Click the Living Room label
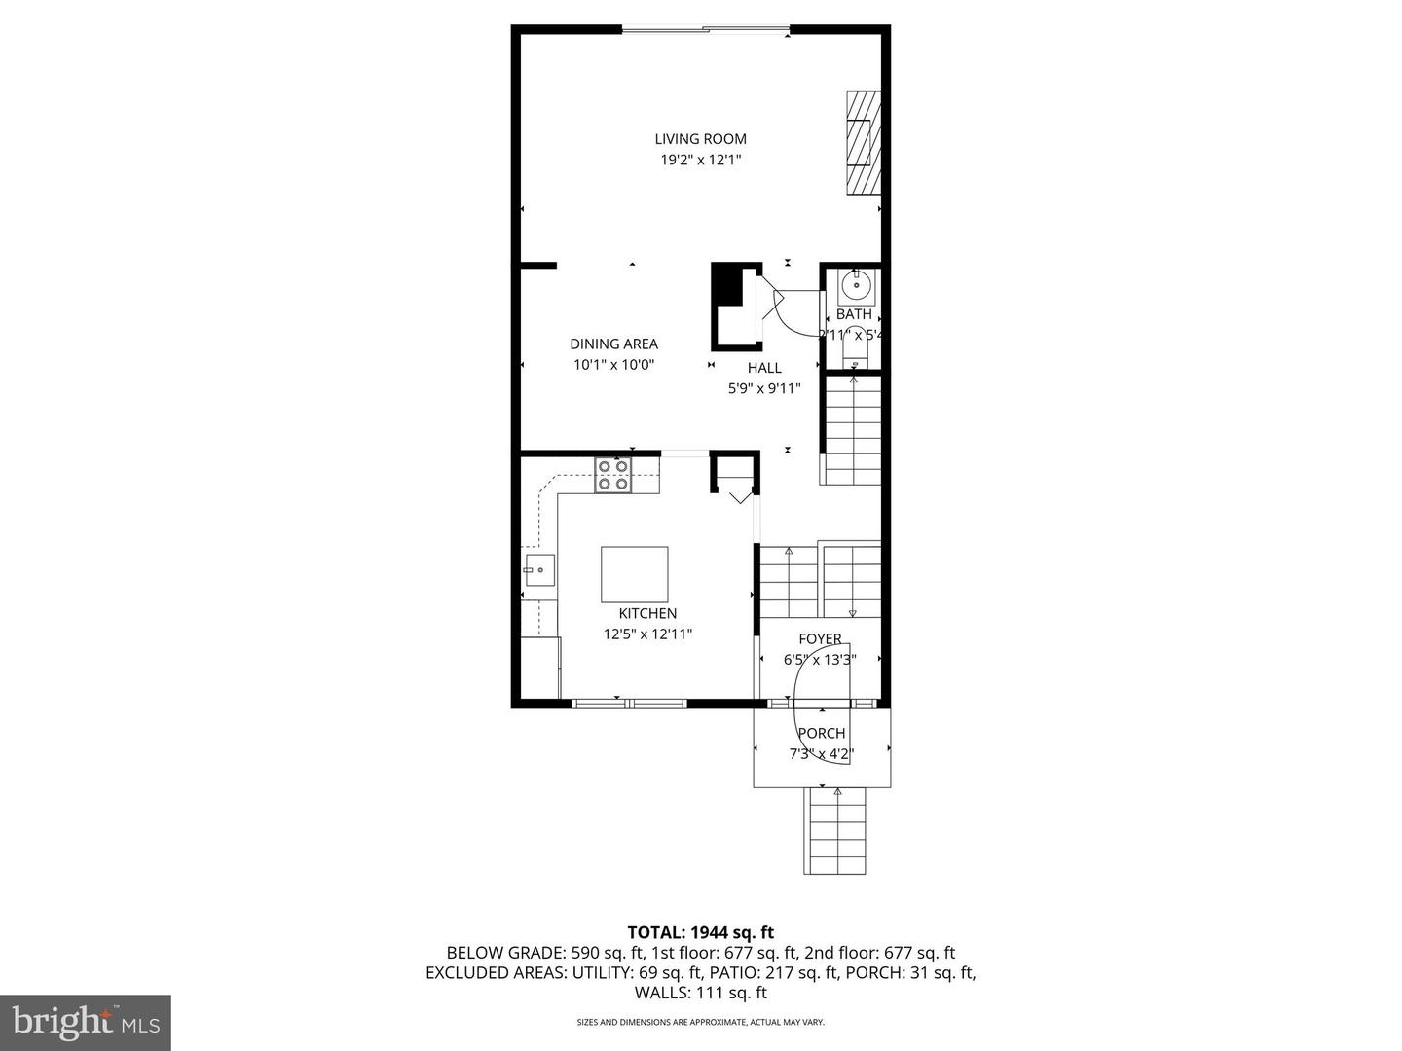point(700,139)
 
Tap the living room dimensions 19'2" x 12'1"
point(700,161)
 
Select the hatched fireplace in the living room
point(863,143)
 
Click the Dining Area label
point(613,344)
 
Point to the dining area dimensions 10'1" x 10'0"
point(613,365)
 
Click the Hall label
point(764,368)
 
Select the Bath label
point(854,314)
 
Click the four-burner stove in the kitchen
point(613,475)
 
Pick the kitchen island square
point(634,574)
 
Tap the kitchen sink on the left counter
point(538,570)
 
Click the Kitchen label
point(647,613)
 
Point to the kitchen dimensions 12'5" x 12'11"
point(647,634)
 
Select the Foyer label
point(820,639)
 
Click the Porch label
point(822,733)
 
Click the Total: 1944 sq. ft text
point(700,932)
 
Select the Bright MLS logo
point(86,1022)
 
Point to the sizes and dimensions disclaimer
point(700,1022)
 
